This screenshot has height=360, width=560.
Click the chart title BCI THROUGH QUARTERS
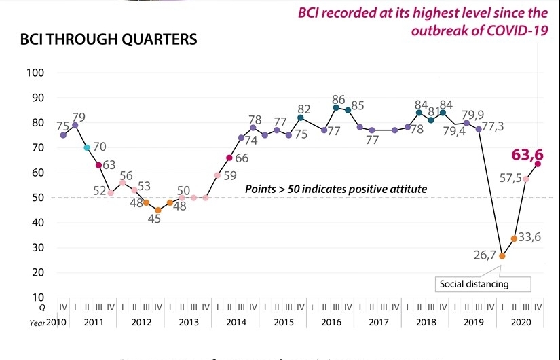(109, 39)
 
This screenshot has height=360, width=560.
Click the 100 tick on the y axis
(35, 73)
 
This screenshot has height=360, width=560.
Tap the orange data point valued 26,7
(502, 256)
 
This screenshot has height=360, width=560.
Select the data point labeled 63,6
(538, 164)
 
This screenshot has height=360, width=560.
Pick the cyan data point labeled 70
(87, 147)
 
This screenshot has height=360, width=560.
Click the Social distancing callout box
(473, 284)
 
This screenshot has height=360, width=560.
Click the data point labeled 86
(336, 107)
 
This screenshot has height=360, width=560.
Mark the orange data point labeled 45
(158, 210)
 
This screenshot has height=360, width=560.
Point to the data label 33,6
(529, 238)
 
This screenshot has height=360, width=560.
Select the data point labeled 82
(300, 118)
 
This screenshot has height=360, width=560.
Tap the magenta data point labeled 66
(229, 158)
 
